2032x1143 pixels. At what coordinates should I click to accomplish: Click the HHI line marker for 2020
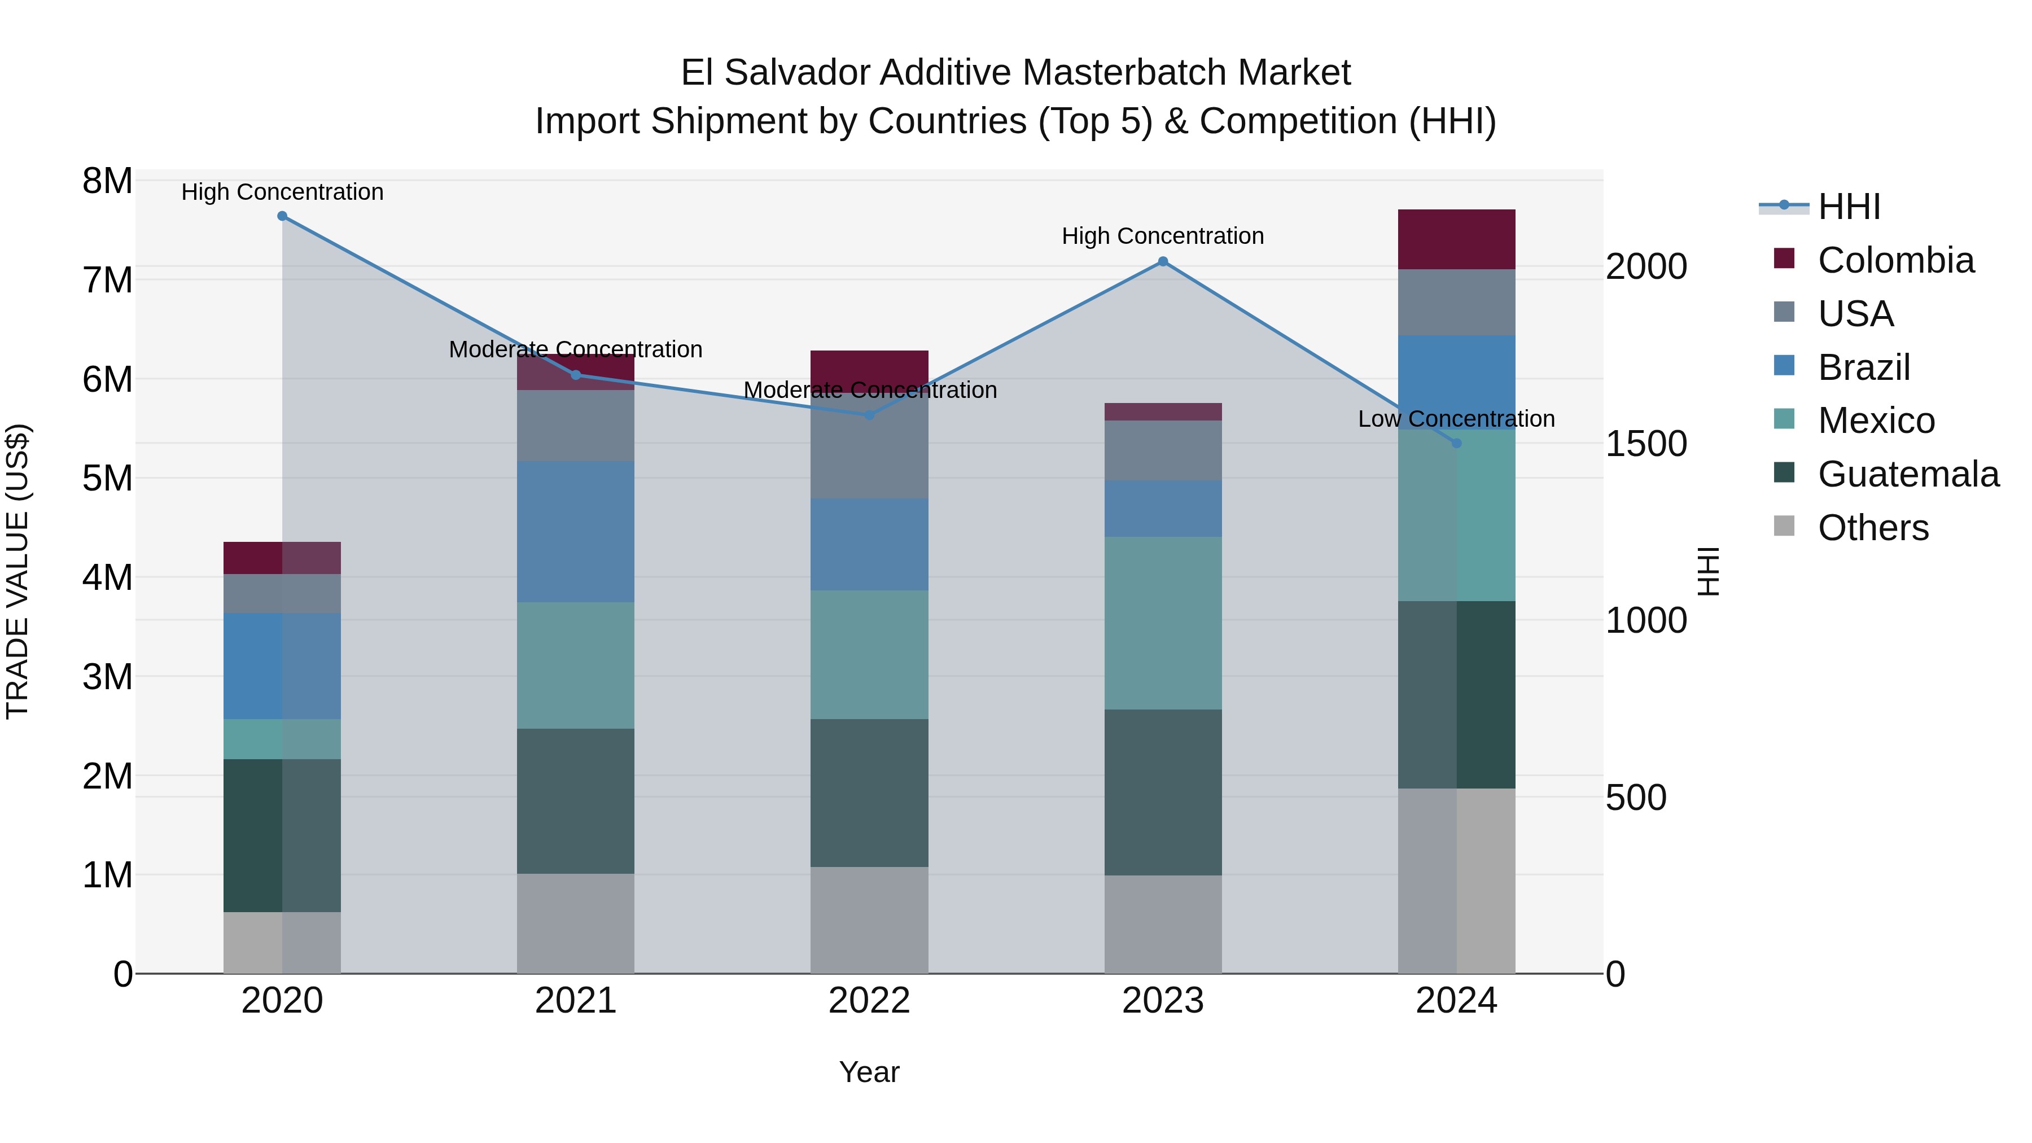tap(282, 216)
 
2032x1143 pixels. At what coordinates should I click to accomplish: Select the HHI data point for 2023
tap(1163, 262)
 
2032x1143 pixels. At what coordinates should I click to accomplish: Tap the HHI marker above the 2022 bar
tap(869, 415)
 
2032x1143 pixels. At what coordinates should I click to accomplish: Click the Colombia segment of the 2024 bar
tap(1456, 240)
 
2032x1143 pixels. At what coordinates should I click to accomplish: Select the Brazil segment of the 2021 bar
tap(576, 532)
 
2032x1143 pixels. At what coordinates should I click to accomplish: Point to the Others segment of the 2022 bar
tap(869, 920)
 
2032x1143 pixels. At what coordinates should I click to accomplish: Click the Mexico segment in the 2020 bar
tap(282, 739)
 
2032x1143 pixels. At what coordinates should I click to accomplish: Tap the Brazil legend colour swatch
tap(1784, 365)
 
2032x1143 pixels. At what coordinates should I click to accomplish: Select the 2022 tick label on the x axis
tap(869, 1002)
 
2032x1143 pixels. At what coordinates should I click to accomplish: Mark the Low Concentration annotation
tap(1456, 419)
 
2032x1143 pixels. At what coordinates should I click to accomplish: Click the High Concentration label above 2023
tap(1163, 236)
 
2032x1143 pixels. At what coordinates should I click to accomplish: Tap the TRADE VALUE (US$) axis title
tap(17, 571)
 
